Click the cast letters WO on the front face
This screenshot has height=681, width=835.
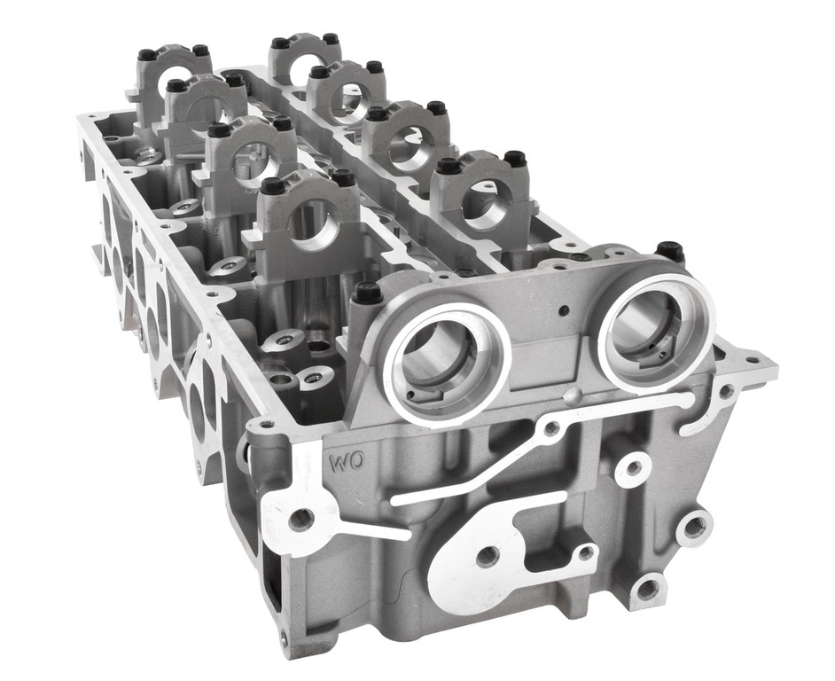346,460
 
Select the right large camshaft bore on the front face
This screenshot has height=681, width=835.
656,333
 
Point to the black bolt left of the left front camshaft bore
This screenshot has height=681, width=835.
366,293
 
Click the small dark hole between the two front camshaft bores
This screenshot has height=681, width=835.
564,310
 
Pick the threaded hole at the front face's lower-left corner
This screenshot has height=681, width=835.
302,519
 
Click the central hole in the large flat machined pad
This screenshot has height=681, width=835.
488,558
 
